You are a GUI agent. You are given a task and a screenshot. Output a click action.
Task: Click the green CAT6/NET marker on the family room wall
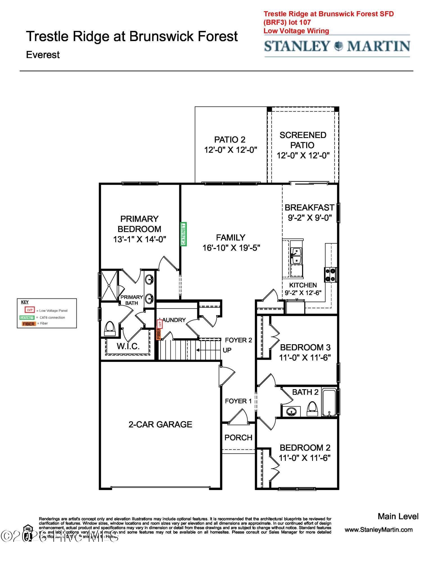(184, 234)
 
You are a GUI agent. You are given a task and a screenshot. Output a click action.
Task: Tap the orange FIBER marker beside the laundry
(158, 334)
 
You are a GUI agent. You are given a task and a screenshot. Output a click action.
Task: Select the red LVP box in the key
(30, 310)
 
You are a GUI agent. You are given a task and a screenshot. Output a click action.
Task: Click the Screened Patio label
(303, 140)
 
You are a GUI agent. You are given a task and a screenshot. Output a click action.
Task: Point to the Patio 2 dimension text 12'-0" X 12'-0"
(231, 150)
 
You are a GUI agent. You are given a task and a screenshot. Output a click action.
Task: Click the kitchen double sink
(296, 256)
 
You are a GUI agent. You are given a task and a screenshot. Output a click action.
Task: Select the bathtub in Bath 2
(329, 402)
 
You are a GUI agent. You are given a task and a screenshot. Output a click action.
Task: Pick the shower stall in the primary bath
(109, 285)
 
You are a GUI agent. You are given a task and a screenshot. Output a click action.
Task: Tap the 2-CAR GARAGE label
(160, 425)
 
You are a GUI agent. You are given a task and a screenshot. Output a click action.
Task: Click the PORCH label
(238, 438)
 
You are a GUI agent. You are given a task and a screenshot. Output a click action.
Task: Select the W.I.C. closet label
(128, 346)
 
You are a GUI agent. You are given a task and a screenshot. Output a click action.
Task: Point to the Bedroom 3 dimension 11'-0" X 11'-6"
(305, 358)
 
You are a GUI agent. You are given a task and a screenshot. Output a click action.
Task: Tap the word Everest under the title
(43, 55)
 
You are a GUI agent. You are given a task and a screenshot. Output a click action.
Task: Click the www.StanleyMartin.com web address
(378, 530)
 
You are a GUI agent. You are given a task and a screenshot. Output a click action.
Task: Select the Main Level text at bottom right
(398, 516)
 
